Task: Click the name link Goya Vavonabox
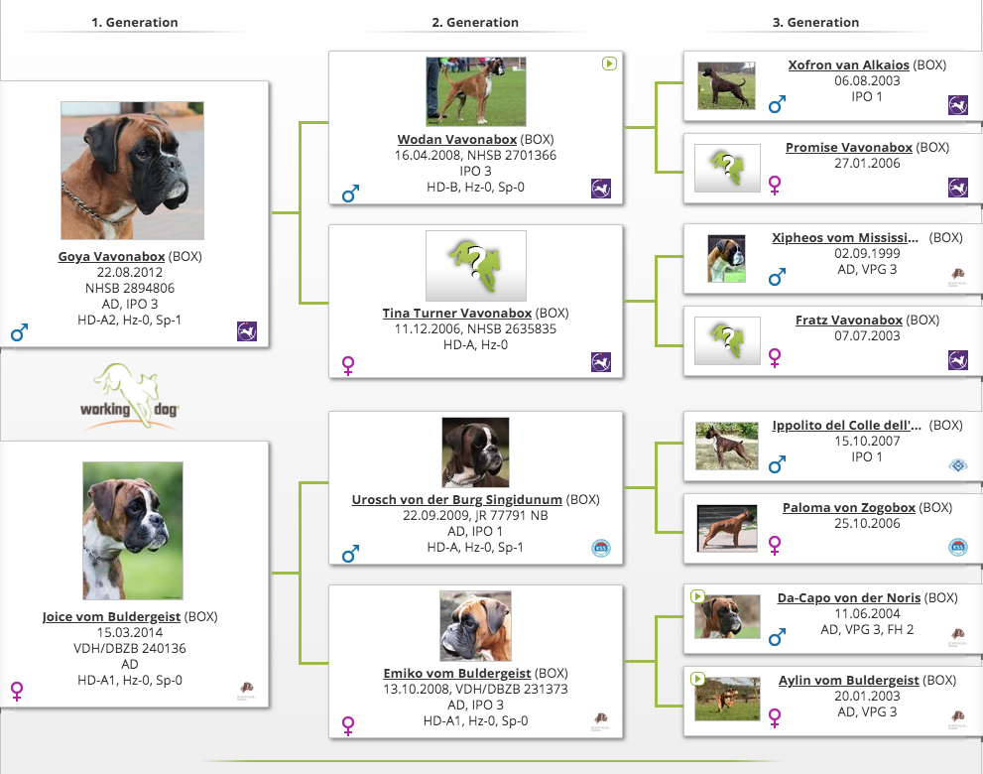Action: point(111,257)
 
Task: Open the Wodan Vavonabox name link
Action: point(457,139)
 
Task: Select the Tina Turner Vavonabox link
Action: point(457,313)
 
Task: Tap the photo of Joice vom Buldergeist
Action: point(133,531)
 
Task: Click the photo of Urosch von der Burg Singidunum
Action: point(475,452)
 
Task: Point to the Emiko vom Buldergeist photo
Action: point(475,626)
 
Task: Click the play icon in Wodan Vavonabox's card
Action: point(609,64)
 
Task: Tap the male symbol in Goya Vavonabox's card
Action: point(20,331)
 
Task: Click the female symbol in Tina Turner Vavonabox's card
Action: point(348,365)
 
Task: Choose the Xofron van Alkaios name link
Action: point(848,64)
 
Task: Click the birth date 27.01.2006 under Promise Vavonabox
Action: point(867,163)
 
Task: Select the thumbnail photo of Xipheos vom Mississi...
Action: point(727,258)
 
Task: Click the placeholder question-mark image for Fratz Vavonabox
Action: point(727,340)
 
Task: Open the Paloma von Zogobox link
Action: point(849,507)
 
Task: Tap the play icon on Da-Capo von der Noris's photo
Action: point(697,595)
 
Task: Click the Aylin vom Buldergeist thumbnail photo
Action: point(727,699)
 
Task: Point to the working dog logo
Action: point(130,398)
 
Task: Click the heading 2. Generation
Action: point(475,23)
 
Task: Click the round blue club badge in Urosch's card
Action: point(600,548)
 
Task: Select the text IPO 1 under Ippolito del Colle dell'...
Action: point(866,456)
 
